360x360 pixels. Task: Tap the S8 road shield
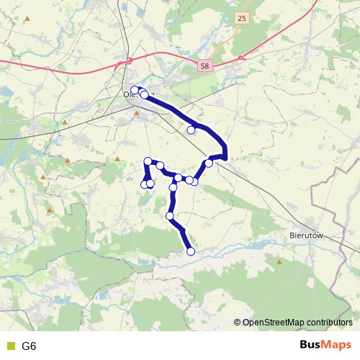pyautogui.click(x=205, y=66)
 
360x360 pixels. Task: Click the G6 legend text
pyautogui.click(x=29, y=346)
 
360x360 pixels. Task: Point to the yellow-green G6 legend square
pyautogui.click(x=10, y=346)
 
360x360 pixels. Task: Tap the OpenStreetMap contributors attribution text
pyautogui.click(x=297, y=323)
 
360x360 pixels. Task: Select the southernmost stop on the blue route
pyautogui.click(x=191, y=251)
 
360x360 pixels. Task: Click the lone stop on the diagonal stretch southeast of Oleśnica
pyautogui.click(x=192, y=130)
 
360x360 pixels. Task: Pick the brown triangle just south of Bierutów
pyautogui.click(x=297, y=259)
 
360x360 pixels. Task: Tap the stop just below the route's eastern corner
pyautogui.click(x=209, y=163)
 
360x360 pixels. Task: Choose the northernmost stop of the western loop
pyautogui.click(x=148, y=161)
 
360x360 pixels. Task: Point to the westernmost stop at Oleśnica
pyautogui.click(x=135, y=90)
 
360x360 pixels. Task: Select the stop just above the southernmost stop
pyautogui.click(x=170, y=215)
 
